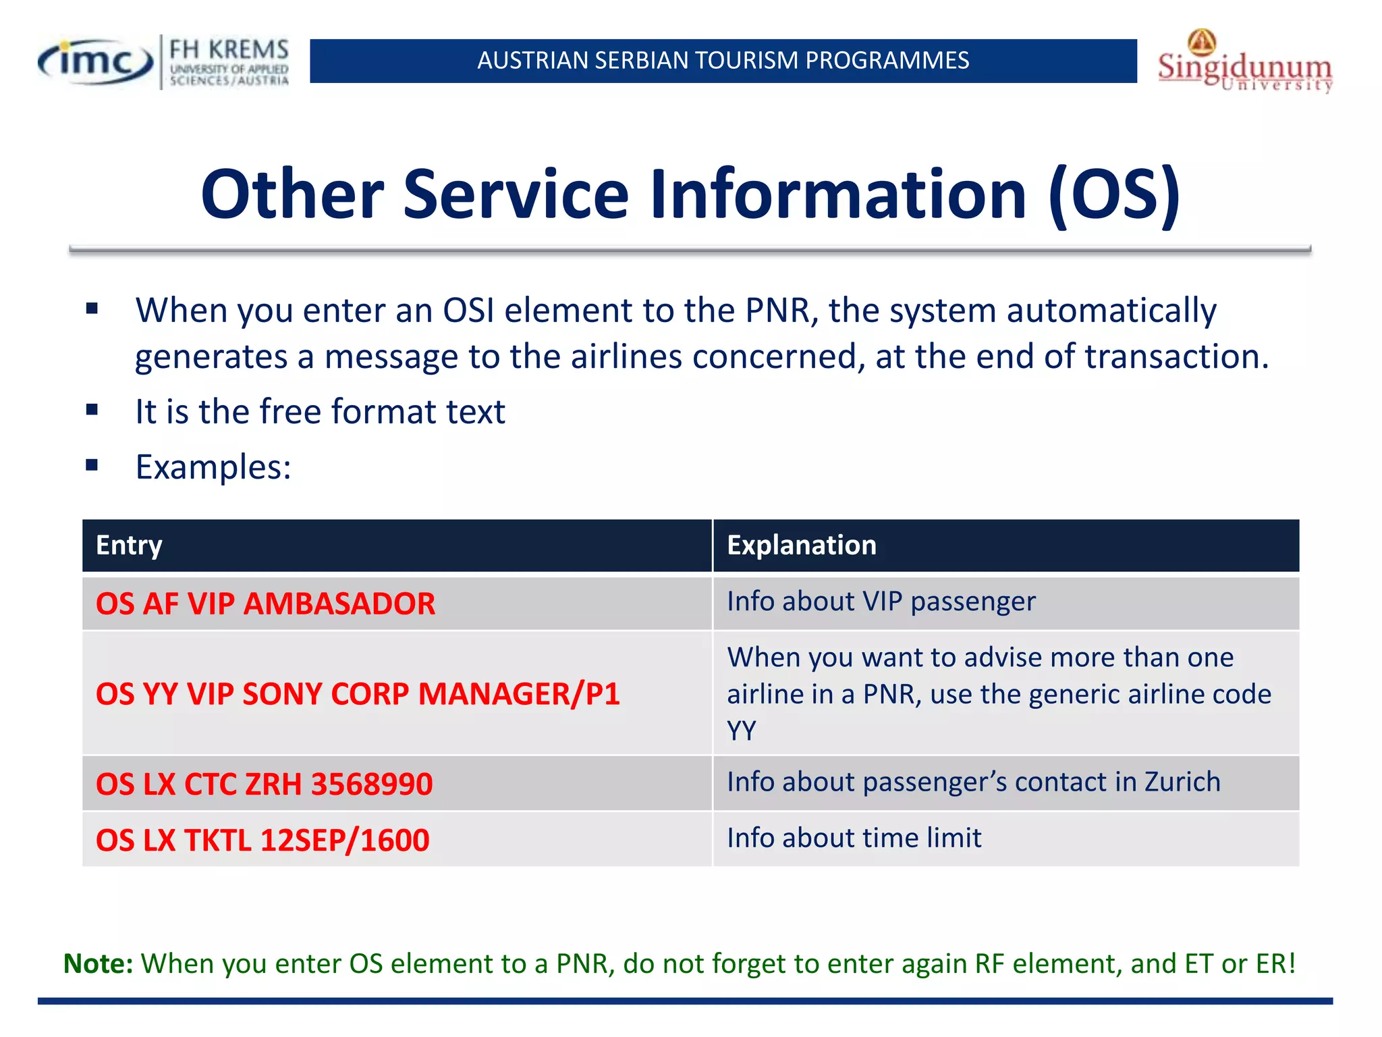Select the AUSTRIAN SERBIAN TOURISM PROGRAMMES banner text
pyautogui.click(x=723, y=61)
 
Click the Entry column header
pyautogui.click(x=129, y=546)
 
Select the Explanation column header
pyautogui.click(x=801, y=546)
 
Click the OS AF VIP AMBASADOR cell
pyautogui.click(x=265, y=604)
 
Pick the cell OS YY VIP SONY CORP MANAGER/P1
pyautogui.click(x=358, y=694)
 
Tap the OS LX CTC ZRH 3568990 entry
pyautogui.click(x=264, y=784)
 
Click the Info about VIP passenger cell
pyautogui.click(x=881, y=602)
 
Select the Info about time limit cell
pyautogui.click(x=854, y=838)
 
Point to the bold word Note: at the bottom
pyautogui.click(x=99, y=963)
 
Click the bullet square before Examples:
pyautogui.click(x=92, y=465)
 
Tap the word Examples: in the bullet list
pyautogui.click(x=213, y=467)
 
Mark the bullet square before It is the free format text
pyautogui.click(x=92, y=410)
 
